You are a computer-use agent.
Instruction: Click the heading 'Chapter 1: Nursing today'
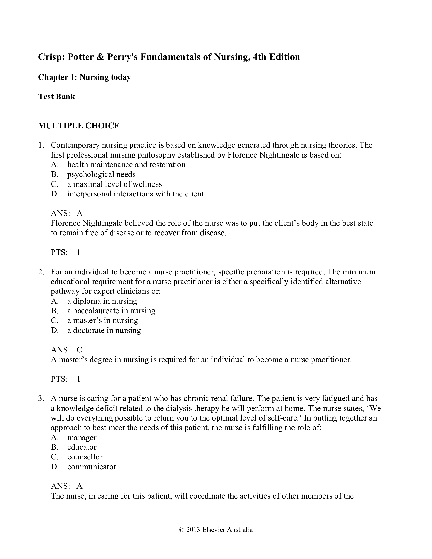84,77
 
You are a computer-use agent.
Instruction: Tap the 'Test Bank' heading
57,97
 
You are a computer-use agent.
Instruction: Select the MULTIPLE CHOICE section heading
79,126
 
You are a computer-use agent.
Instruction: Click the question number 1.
41,145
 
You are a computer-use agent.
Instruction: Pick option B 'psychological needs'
101,174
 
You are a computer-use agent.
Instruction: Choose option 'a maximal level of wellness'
114,184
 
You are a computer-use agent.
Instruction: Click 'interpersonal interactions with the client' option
135,194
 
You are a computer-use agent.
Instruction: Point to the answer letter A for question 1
80,213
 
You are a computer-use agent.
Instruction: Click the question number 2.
41,272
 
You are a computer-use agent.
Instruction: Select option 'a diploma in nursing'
102,301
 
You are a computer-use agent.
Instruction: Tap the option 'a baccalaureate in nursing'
111,310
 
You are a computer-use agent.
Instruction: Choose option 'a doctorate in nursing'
104,330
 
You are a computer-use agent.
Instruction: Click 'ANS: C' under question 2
67,350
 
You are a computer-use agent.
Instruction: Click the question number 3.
41,398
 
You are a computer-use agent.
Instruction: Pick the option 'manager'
82,438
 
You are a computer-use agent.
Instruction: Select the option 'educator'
82,447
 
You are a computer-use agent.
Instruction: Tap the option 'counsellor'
85,457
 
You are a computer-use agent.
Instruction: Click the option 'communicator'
92,467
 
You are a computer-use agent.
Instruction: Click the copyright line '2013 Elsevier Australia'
216,530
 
